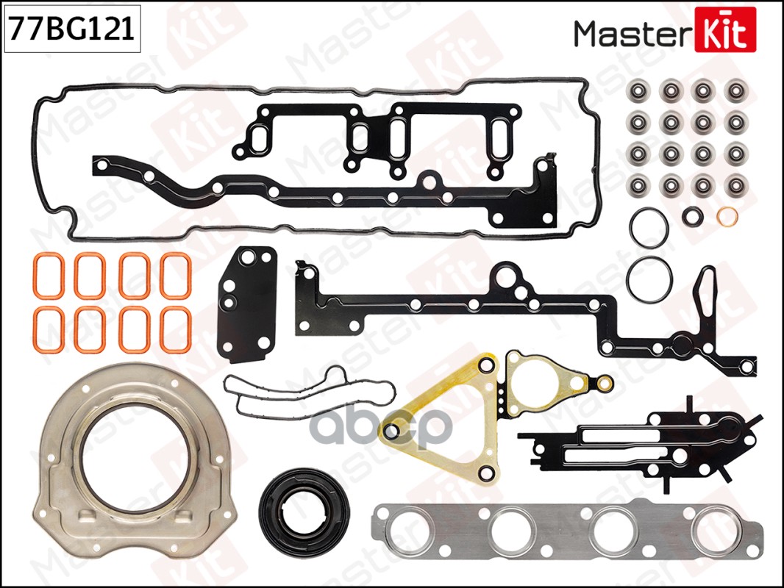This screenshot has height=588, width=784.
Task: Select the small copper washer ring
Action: (727, 217)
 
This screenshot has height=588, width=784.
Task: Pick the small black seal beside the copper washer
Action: (692, 216)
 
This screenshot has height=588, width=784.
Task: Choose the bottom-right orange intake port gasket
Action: (176, 328)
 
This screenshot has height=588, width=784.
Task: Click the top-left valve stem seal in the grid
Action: (637, 90)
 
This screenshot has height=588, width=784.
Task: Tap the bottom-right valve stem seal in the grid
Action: (734, 183)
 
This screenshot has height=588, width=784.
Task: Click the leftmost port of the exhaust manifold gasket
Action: (409, 530)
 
